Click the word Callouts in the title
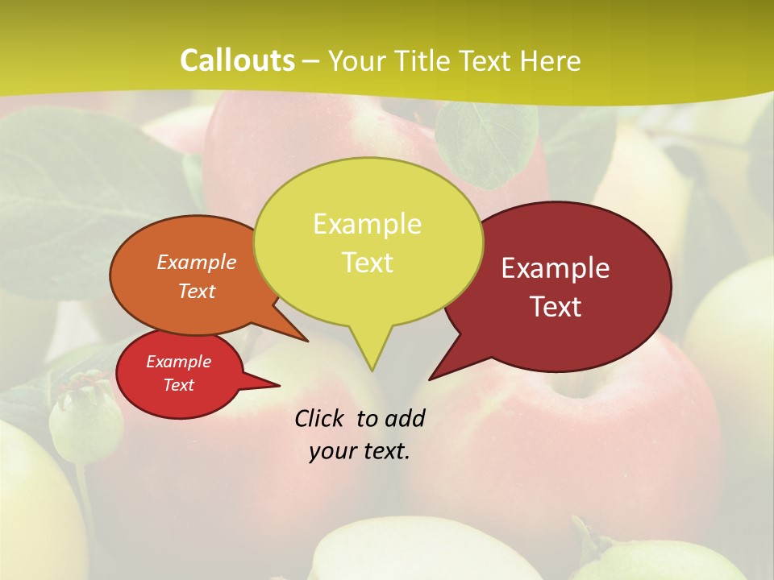tap(237, 60)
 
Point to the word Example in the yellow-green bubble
tap(368, 224)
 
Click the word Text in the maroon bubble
tap(556, 307)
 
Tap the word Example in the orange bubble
tap(196, 262)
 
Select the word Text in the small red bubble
tap(178, 385)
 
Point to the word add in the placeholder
tap(405, 418)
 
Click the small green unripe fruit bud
tap(85, 419)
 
